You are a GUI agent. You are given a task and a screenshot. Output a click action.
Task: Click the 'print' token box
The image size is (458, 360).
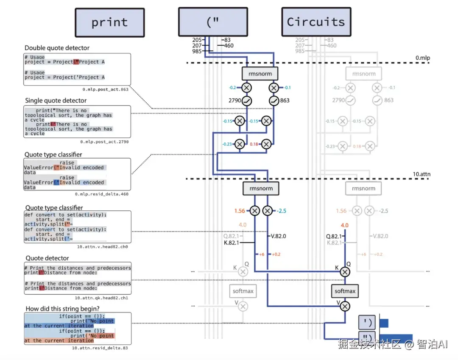click(109, 22)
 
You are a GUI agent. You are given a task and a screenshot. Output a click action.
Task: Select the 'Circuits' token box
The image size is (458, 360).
click(316, 22)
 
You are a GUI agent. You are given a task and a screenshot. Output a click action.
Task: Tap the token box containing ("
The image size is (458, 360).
click(212, 22)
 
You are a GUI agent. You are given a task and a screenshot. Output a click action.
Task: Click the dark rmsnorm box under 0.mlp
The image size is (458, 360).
click(260, 74)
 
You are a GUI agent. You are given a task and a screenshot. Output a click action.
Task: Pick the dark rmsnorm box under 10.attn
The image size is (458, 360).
click(260, 188)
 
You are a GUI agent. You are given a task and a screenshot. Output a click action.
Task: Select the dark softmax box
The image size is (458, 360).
click(345, 291)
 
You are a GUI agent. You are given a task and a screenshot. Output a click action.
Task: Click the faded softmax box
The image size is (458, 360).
click(243, 291)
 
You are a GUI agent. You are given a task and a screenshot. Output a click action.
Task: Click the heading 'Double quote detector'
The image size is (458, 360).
click(57, 48)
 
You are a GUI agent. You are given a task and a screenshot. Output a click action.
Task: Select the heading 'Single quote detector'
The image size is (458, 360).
click(56, 100)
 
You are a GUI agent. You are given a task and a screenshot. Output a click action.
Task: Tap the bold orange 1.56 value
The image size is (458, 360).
click(240, 211)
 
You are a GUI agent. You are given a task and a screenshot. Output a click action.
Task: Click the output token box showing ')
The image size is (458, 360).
click(367, 323)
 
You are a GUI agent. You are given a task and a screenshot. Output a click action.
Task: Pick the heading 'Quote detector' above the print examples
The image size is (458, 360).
click(47, 258)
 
